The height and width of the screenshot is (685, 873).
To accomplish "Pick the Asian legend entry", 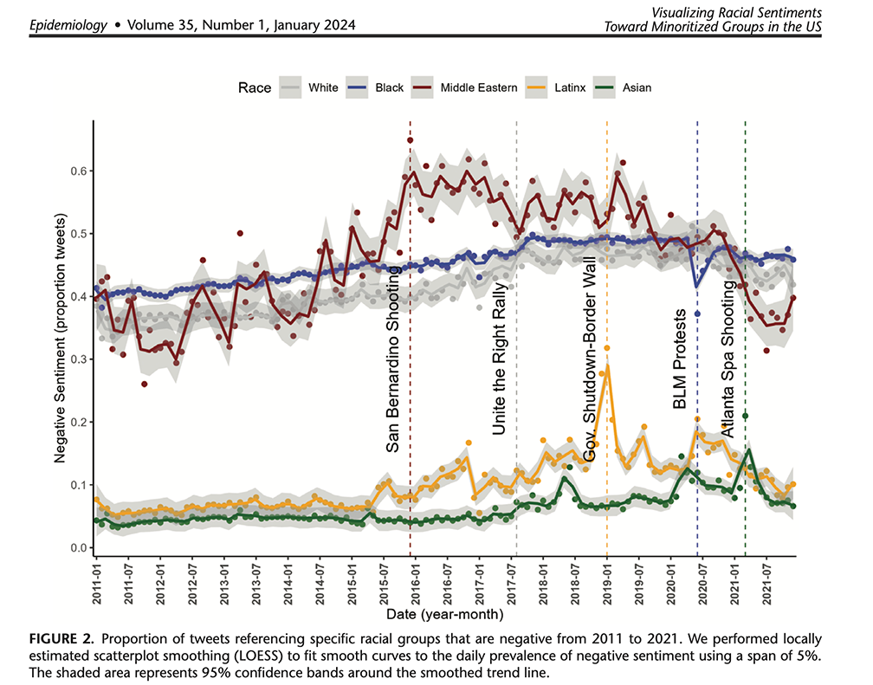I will point(636,87).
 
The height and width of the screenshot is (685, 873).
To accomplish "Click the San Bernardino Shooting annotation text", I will point(392,359).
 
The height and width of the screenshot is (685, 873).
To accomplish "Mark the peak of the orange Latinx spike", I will point(607,348).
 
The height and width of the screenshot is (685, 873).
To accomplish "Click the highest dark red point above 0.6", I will point(410,140).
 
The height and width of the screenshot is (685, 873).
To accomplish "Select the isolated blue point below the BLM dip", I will point(697,313).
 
